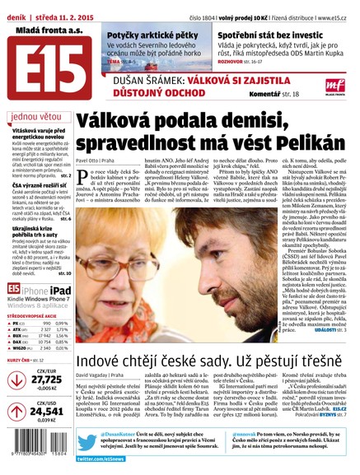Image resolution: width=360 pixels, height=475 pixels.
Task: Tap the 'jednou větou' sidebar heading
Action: click(x=38, y=117)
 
